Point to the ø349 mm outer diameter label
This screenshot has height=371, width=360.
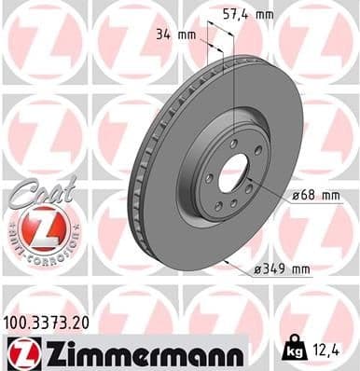pos(279,270)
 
